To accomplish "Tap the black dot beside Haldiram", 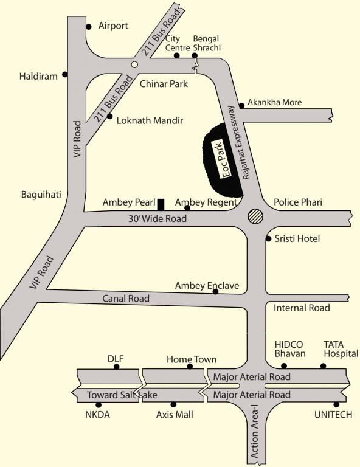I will pyautogui.click(x=66, y=75).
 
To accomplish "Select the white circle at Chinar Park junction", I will pyautogui.click(x=134, y=63).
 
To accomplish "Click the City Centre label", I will pyautogui.click(x=177, y=43).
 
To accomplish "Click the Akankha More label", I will pyautogui.click(x=275, y=102).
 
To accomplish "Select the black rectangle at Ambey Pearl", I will pyautogui.click(x=161, y=204).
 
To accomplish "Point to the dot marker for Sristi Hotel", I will pyautogui.click(x=268, y=239).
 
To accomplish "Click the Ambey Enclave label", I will pyautogui.click(x=207, y=285).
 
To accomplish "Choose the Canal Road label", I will pyautogui.click(x=126, y=299).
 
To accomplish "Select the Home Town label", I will pyautogui.click(x=192, y=359).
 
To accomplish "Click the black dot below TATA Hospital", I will pyautogui.click(x=323, y=366).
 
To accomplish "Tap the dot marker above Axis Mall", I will pyautogui.click(x=173, y=404).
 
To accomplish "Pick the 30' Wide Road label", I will pyautogui.click(x=157, y=218).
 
